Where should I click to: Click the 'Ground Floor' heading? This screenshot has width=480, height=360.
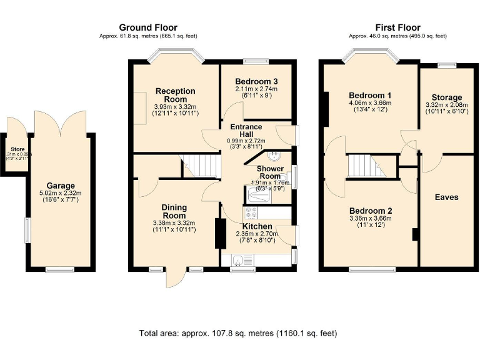pyautogui.click(x=147, y=27)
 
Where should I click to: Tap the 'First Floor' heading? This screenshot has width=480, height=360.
pyautogui.click(x=397, y=27)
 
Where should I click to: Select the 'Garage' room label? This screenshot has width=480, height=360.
pyautogui.click(x=61, y=186)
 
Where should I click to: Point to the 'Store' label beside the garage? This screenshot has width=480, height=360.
pyautogui.click(x=17, y=149)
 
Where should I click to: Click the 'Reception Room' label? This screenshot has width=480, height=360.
pyautogui.click(x=175, y=95)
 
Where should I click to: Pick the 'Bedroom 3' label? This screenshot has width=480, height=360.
pyautogui.click(x=256, y=81)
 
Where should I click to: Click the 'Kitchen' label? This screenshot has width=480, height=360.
pyautogui.click(x=257, y=226)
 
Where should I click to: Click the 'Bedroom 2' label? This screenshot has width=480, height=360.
pyautogui.click(x=371, y=211)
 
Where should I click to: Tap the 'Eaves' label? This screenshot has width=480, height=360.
pyautogui.click(x=446, y=197)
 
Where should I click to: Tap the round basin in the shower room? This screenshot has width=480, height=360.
pyautogui.click(x=274, y=156)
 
